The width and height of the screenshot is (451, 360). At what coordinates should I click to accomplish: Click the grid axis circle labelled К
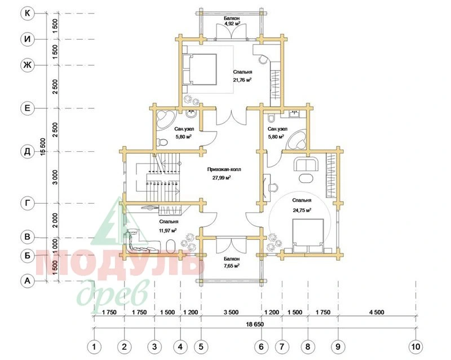click(x=27, y=13)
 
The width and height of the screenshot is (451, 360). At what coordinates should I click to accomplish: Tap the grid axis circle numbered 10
click(x=416, y=346)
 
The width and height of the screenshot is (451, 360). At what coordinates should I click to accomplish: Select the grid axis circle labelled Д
click(x=27, y=151)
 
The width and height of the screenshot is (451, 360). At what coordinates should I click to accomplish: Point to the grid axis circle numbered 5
click(x=201, y=346)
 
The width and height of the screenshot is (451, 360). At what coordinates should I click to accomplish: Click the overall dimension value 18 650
click(x=255, y=324)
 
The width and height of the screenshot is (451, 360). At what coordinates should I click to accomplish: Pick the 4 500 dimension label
click(x=377, y=312)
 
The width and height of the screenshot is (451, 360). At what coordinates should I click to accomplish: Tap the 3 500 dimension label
click(x=231, y=312)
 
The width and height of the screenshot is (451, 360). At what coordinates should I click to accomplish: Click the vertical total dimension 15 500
click(x=43, y=147)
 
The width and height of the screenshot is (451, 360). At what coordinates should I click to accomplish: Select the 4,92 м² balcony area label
click(x=232, y=24)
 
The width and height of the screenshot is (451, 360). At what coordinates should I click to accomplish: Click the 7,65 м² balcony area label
click(x=232, y=265)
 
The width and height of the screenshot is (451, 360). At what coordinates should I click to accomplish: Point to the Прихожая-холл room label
click(x=224, y=169)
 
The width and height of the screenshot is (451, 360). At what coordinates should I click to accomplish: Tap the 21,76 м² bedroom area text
click(x=242, y=80)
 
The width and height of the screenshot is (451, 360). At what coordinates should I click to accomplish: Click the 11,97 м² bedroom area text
click(x=167, y=230)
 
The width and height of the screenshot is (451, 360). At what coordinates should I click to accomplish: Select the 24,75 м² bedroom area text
click(x=302, y=210)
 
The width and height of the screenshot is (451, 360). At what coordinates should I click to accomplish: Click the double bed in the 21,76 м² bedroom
click(x=200, y=69)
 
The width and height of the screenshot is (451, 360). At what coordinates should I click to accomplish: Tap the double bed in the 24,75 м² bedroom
click(x=308, y=235)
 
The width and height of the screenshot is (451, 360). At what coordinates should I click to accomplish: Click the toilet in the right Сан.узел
click(x=271, y=118)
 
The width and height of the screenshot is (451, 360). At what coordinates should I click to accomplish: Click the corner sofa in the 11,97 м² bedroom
click(x=138, y=243)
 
